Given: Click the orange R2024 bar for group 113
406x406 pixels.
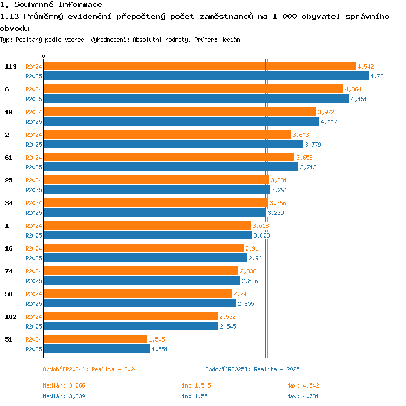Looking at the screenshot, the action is click(200, 67).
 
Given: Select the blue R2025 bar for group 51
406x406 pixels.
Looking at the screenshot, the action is click(97, 349).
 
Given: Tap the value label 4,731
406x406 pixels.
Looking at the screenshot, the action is click(378, 76).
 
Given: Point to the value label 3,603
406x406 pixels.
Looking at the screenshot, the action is click(300, 135).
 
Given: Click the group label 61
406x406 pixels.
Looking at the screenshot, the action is click(9, 158).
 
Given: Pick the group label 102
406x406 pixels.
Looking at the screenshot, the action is click(11, 317).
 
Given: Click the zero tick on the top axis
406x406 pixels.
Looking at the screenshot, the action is click(43, 56).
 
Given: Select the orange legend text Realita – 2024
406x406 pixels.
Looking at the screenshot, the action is click(114, 369).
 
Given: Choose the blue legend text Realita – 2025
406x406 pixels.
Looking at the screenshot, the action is click(277, 369).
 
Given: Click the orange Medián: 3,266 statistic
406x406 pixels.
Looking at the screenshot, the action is click(64, 385).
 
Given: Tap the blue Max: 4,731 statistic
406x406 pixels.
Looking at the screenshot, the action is click(303, 396).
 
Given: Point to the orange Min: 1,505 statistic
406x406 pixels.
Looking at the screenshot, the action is click(194, 385).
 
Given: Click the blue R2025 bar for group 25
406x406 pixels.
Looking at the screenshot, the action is click(157, 189).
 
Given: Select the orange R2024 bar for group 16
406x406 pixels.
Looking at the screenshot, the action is click(144, 248).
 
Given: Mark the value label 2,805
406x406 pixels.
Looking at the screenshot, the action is click(246, 304).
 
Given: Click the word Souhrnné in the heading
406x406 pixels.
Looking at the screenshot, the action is click(34, 5).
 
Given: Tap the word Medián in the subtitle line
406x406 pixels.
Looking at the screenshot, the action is click(230, 40).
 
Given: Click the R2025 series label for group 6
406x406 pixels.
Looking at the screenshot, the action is click(34, 99).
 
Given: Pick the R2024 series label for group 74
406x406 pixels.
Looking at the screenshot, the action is click(34, 271).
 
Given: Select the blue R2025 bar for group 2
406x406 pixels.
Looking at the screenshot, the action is click(174, 144).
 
